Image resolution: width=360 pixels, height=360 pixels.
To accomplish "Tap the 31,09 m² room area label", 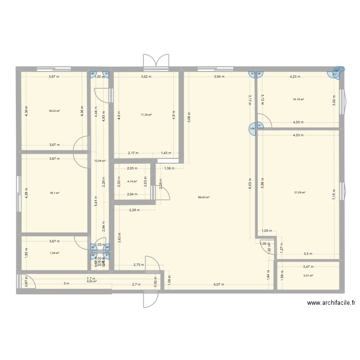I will point(300,193).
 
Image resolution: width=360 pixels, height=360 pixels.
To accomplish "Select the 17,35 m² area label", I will point(146,115).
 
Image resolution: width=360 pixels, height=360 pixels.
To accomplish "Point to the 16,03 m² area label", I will point(54,111).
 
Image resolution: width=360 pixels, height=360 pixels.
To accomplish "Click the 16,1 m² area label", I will point(54,193).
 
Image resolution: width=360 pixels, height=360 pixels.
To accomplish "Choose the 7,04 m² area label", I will point(54,253).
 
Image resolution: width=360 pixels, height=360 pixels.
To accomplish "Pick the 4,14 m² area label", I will point(132,182).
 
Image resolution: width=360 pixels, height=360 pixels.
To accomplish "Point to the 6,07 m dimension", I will point(219,285).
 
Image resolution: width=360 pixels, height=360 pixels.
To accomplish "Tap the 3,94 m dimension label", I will point(219,76).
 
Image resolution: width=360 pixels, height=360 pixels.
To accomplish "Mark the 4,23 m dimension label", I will point(295,76).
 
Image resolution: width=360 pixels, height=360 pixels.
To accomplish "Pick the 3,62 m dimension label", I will point(146,76).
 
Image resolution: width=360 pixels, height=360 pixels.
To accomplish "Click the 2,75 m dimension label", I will point(138,265).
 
